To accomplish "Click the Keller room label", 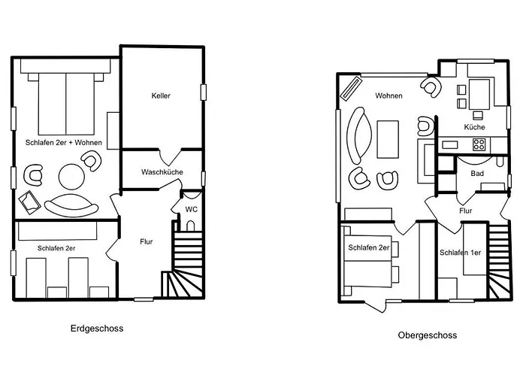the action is [x=161, y=96].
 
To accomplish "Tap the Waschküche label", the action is [x=162, y=172].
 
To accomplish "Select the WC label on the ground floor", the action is [x=192, y=210].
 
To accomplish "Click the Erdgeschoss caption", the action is [x=97, y=329].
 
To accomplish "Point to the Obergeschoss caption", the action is [x=428, y=335].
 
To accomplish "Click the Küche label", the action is [x=474, y=127].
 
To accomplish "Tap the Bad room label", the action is [x=477, y=174].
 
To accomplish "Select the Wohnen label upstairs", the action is [x=388, y=96].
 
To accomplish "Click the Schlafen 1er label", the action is [x=460, y=253].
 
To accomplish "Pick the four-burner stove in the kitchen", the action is [x=479, y=144].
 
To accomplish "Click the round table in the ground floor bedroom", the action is [x=71, y=177].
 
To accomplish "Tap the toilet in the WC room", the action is [x=190, y=226].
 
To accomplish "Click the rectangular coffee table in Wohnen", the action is [x=388, y=139].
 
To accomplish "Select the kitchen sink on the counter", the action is [x=450, y=144].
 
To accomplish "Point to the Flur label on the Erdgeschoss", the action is [x=147, y=241].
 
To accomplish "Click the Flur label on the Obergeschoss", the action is [x=466, y=211].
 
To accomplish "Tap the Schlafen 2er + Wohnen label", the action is [x=64, y=143].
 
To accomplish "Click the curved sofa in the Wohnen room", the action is [x=360, y=135].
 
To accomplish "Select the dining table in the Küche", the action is [x=479, y=94].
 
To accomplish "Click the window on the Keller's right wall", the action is [x=204, y=92].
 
